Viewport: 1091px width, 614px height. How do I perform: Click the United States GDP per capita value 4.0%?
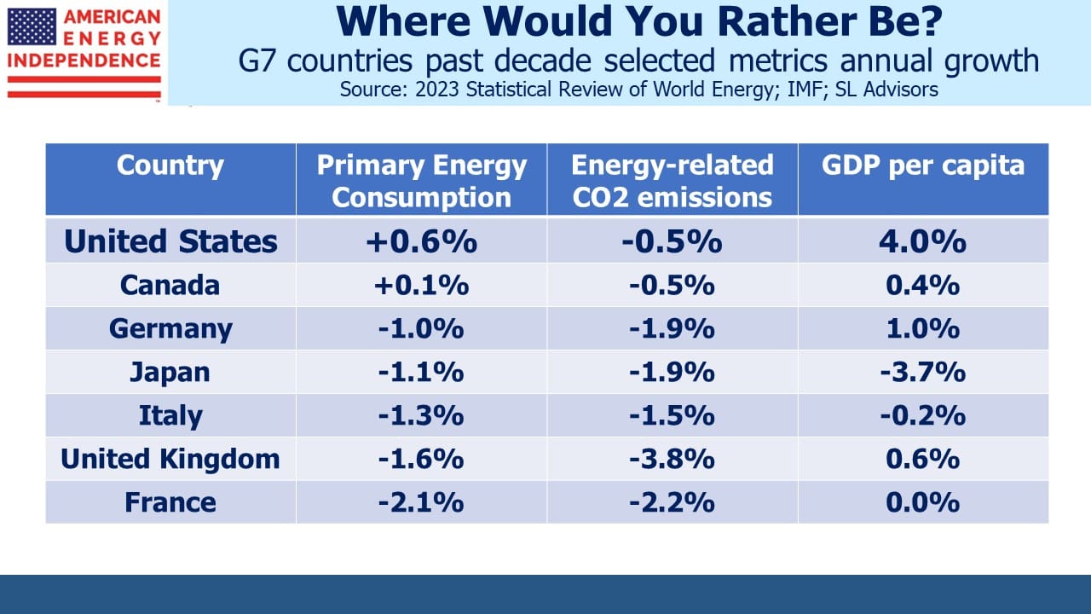pos(922,241)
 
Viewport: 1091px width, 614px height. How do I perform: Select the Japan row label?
pos(170,373)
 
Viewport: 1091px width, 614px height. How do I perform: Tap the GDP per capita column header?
pos(923,165)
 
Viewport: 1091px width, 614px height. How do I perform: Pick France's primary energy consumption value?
pos(421,502)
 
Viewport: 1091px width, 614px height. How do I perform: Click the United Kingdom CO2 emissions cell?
pos(672,459)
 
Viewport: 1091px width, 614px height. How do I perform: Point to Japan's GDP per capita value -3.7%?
pos(923,373)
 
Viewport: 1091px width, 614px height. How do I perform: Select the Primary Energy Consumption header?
pos(421,181)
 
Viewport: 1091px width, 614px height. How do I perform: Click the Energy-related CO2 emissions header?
pos(672,181)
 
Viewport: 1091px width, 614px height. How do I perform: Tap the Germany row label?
pos(170,329)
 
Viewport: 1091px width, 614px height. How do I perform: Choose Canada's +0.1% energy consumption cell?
pos(421,285)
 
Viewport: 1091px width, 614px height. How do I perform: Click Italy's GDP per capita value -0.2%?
pos(923,415)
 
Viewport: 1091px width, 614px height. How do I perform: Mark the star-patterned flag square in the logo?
pos(32,26)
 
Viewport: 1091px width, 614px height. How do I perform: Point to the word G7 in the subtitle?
pos(257,61)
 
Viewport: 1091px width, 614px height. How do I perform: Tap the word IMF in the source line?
pos(807,90)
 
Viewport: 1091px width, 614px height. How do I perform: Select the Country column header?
pos(170,165)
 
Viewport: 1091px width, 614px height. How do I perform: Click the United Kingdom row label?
pos(170,459)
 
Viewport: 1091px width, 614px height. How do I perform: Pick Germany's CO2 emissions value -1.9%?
pos(672,329)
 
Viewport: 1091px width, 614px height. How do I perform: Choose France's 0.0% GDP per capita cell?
pos(923,502)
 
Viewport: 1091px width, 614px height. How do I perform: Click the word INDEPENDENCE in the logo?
pos(84,61)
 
